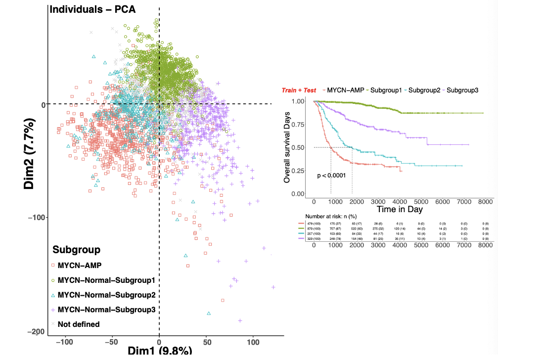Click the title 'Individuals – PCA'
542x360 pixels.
pyautogui.click(x=92, y=8)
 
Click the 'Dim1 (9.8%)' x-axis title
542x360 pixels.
pyautogui.click(x=160, y=352)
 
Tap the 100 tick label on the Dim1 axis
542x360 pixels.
pyautogui.click(x=253, y=342)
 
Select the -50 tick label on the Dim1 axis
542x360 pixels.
pyautogui.click(x=112, y=342)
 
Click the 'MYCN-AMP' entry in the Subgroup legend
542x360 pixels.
pyautogui.click(x=80, y=265)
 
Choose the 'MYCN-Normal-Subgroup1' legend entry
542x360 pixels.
pyautogui.click(x=106, y=280)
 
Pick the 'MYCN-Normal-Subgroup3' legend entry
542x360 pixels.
pyautogui.click(x=106, y=310)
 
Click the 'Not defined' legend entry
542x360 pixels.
pyautogui.click(x=78, y=324)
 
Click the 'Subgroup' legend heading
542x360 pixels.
pyautogui.click(x=77, y=250)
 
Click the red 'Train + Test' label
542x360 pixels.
pyautogui.click(x=299, y=90)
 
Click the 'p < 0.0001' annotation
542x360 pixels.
pyautogui.click(x=331, y=175)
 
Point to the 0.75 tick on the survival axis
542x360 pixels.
pyautogui.click(x=298, y=124)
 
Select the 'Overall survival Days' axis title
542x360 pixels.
pyautogui.click(x=287, y=147)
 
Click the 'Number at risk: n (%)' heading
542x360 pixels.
pyautogui.click(x=331, y=217)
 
